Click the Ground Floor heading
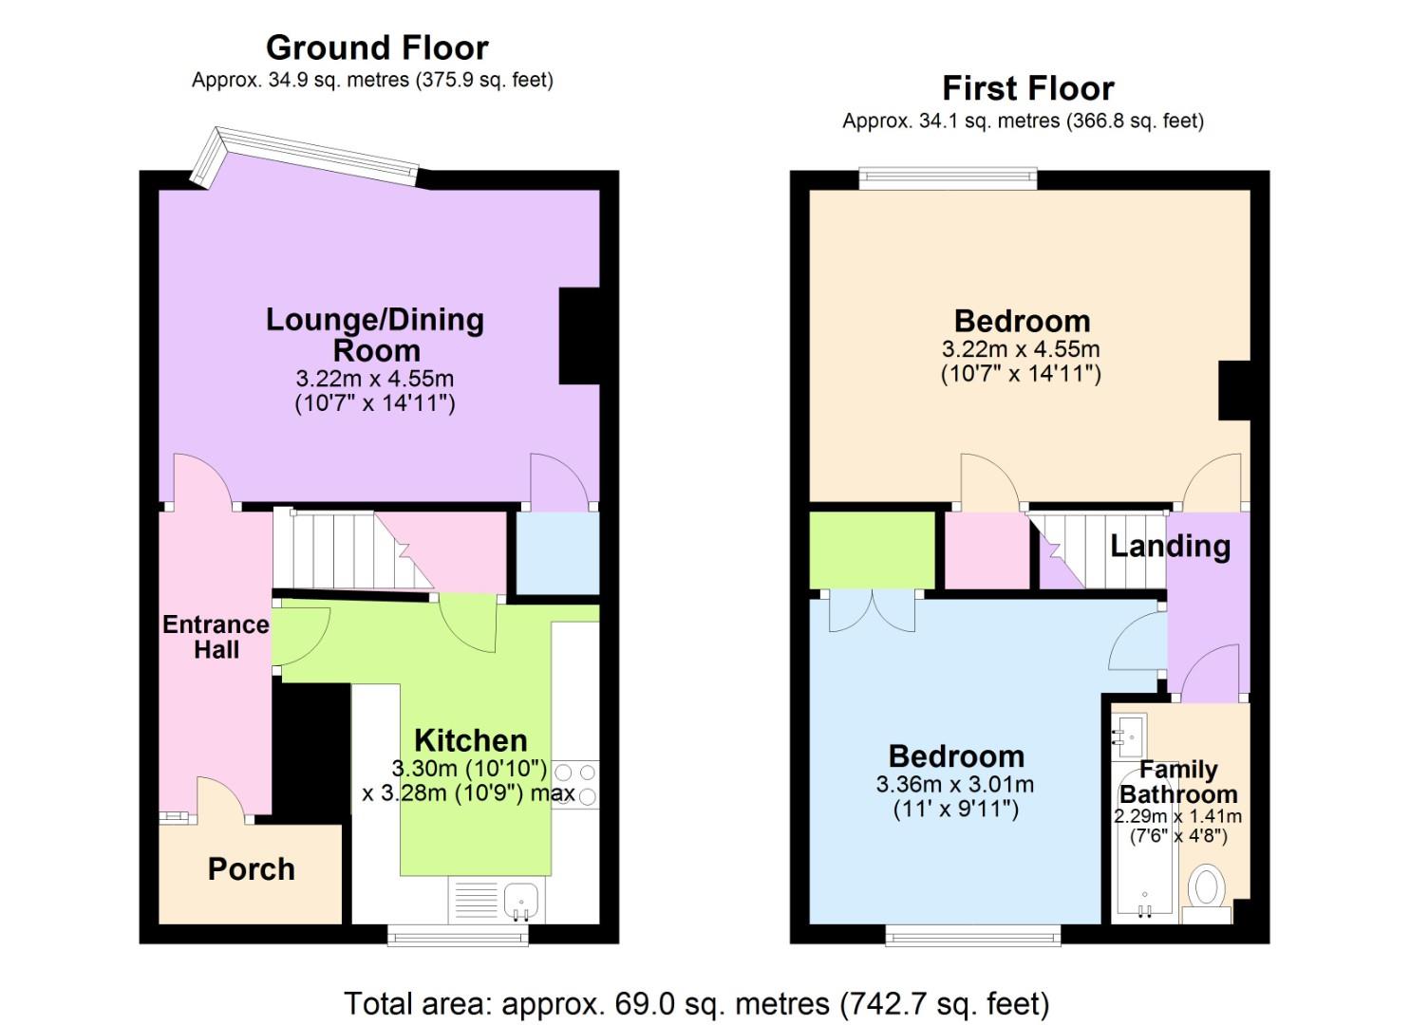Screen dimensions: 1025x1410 (377, 47)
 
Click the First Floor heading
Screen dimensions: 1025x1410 (1027, 88)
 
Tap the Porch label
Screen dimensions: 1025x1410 (251, 869)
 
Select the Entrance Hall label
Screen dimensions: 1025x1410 (216, 637)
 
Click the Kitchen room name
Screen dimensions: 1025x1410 (470, 740)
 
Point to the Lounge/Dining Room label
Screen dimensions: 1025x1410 (375, 334)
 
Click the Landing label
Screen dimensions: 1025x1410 (1170, 546)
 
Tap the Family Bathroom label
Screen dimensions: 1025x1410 (1178, 782)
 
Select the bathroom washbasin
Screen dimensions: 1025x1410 (1131, 734)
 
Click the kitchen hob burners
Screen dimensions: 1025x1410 (575, 785)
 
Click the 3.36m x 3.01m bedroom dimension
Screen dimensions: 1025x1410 (955, 785)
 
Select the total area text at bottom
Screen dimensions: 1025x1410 (696, 1003)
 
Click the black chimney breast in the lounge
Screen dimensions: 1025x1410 (579, 335)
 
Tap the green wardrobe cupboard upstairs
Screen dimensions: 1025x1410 (872, 550)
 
